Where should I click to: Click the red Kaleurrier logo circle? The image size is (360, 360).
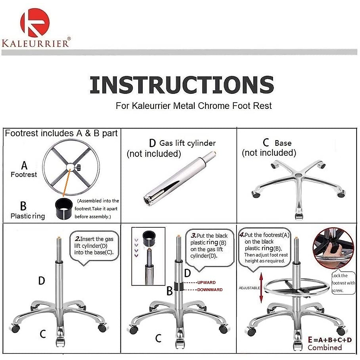tap(35, 22)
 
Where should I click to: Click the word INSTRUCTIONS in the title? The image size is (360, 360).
tap(181, 85)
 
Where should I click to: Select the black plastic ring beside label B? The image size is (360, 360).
tap(64, 208)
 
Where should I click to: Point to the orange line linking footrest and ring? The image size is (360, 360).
tap(67, 182)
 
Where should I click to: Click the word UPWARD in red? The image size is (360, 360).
tap(206, 283)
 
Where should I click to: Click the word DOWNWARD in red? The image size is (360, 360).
tap(210, 290)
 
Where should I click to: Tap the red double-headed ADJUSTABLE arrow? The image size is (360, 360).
tap(261, 288)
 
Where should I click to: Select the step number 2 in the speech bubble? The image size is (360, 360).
tap(77, 239)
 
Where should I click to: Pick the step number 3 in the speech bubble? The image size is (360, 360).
tap(193, 235)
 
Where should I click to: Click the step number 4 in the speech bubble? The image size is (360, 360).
tap(242, 235)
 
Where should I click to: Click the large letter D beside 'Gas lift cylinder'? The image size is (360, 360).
tap(152, 143)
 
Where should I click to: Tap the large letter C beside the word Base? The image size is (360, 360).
tap(266, 142)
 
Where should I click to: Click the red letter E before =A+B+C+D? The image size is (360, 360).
tap(310, 340)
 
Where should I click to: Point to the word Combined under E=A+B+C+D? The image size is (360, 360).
tap(325, 348)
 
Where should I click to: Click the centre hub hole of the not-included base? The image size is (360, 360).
tap(298, 175)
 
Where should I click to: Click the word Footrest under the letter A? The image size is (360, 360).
tap(24, 175)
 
